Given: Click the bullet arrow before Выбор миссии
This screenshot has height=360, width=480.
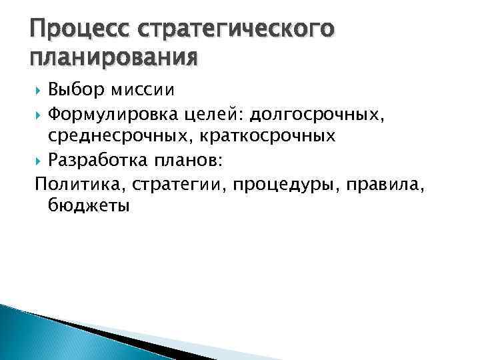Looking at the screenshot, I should (x=39, y=89).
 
